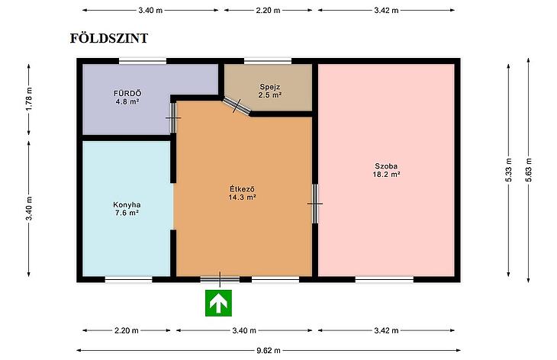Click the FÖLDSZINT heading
[x=108, y=38]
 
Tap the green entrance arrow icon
[x=218, y=303]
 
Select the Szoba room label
[x=386, y=166]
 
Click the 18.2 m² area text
[x=386, y=175]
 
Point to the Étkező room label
[x=243, y=188]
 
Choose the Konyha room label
[x=127, y=204]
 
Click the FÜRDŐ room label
[x=127, y=93]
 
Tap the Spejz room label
[x=270, y=87]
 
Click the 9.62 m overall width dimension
[x=269, y=350]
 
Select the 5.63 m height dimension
[x=529, y=170]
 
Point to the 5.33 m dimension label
[x=508, y=170]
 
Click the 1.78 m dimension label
[x=29, y=98]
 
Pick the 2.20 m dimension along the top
[x=268, y=10]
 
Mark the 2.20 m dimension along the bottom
[x=127, y=330]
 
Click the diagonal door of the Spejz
[x=237, y=106]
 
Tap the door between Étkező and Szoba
[x=315, y=204]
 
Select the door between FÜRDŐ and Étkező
[x=173, y=117]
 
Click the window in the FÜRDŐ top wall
[x=143, y=61]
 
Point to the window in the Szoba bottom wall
[x=385, y=279]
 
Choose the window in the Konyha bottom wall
[x=129, y=279]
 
